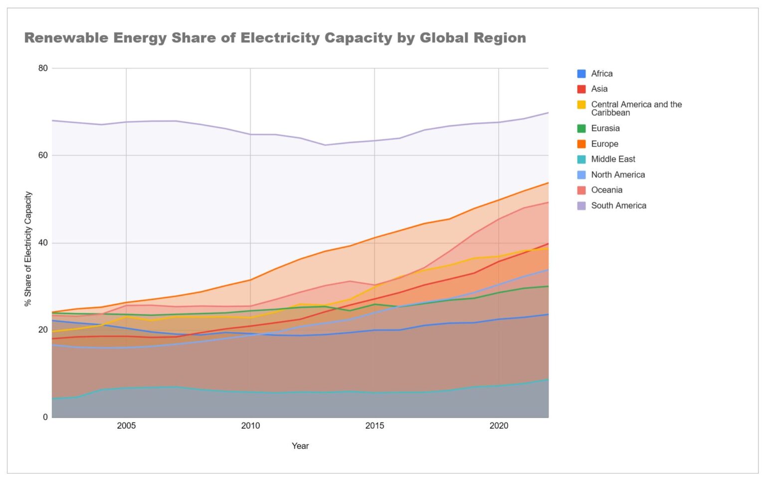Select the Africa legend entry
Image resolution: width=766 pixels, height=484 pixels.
601,73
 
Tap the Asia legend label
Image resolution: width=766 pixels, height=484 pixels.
599,89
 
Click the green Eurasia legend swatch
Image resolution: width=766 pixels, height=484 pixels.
581,128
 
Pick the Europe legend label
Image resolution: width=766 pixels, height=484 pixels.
604,144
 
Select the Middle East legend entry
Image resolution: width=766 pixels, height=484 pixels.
613,159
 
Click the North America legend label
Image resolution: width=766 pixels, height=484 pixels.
618,175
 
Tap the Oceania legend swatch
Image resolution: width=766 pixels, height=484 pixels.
581,190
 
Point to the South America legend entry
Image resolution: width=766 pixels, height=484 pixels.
618,206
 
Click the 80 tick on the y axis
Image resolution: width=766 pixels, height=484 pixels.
43,68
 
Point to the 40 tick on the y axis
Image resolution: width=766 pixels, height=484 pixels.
43,243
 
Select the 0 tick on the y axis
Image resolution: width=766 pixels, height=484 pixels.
45,417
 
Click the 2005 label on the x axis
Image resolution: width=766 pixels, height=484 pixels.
126,426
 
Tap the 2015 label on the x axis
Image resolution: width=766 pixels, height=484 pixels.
375,426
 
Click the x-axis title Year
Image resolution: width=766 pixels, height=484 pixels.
300,446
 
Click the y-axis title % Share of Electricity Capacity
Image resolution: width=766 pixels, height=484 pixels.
28,248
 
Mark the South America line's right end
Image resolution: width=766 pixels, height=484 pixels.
548,113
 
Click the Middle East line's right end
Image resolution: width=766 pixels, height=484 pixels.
548,379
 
